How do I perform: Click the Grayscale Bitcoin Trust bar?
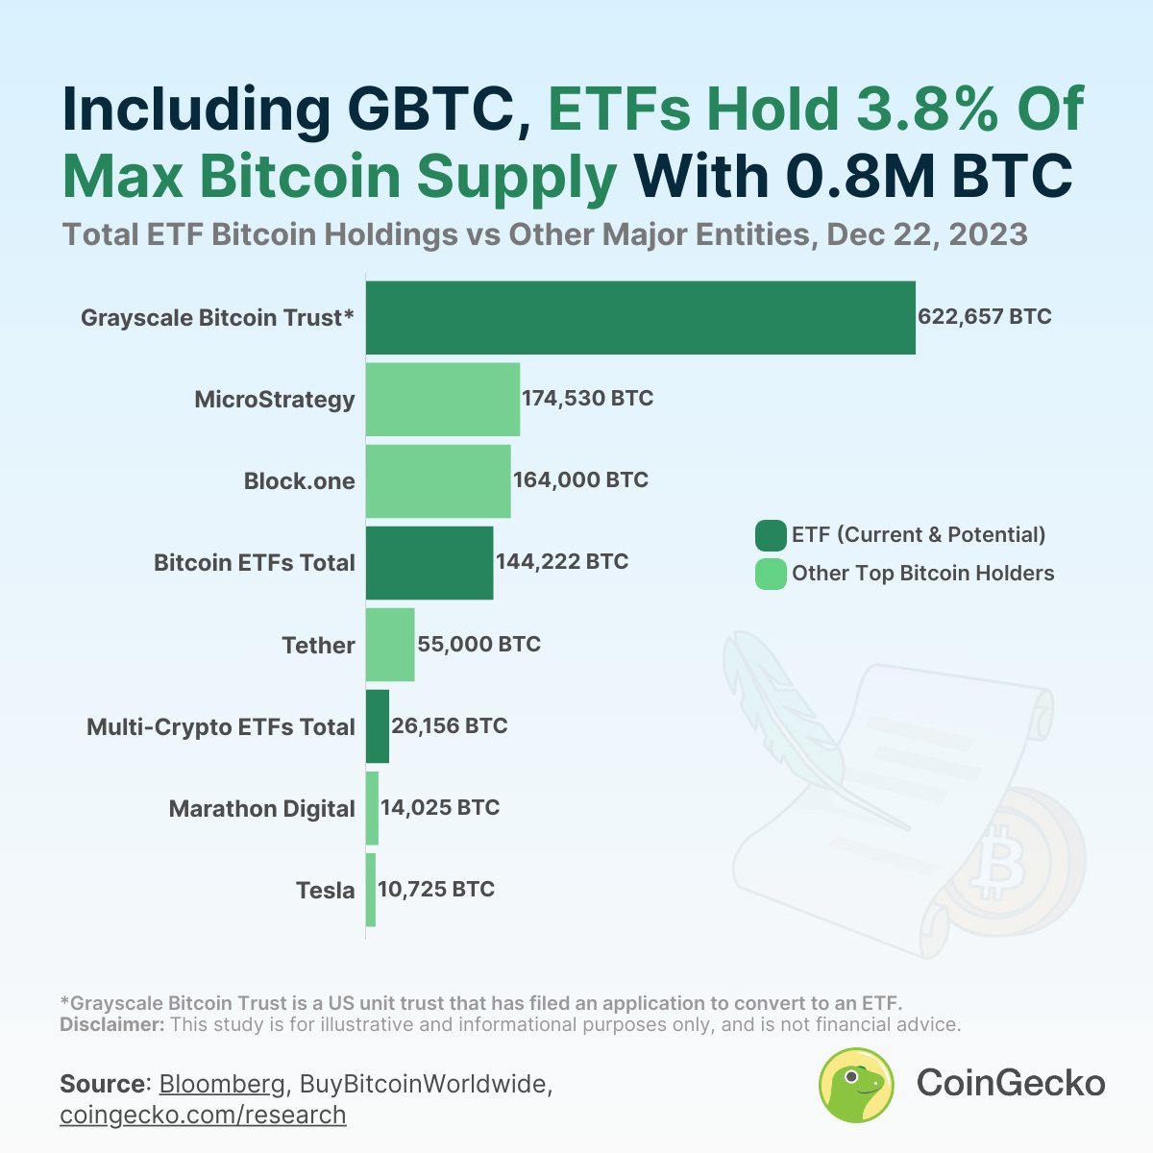(640, 318)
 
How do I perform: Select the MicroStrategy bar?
(443, 400)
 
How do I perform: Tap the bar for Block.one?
(438, 481)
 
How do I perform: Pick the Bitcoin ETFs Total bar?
(429, 563)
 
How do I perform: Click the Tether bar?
(390, 645)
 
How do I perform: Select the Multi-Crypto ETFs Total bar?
(378, 726)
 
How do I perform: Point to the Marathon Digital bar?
(372, 808)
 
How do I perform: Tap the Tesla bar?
(371, 890)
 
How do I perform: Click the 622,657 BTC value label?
(985, 317)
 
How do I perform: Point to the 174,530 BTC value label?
(587, 399)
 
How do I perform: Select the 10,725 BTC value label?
(436, 890)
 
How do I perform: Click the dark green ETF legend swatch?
(771, 535)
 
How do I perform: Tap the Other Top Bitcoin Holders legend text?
(922, 574)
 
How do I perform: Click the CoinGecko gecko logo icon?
(856, 1085)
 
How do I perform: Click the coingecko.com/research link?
(203, 1115)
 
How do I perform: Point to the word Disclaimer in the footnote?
(111, 1024)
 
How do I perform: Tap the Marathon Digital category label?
(261, 809)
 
